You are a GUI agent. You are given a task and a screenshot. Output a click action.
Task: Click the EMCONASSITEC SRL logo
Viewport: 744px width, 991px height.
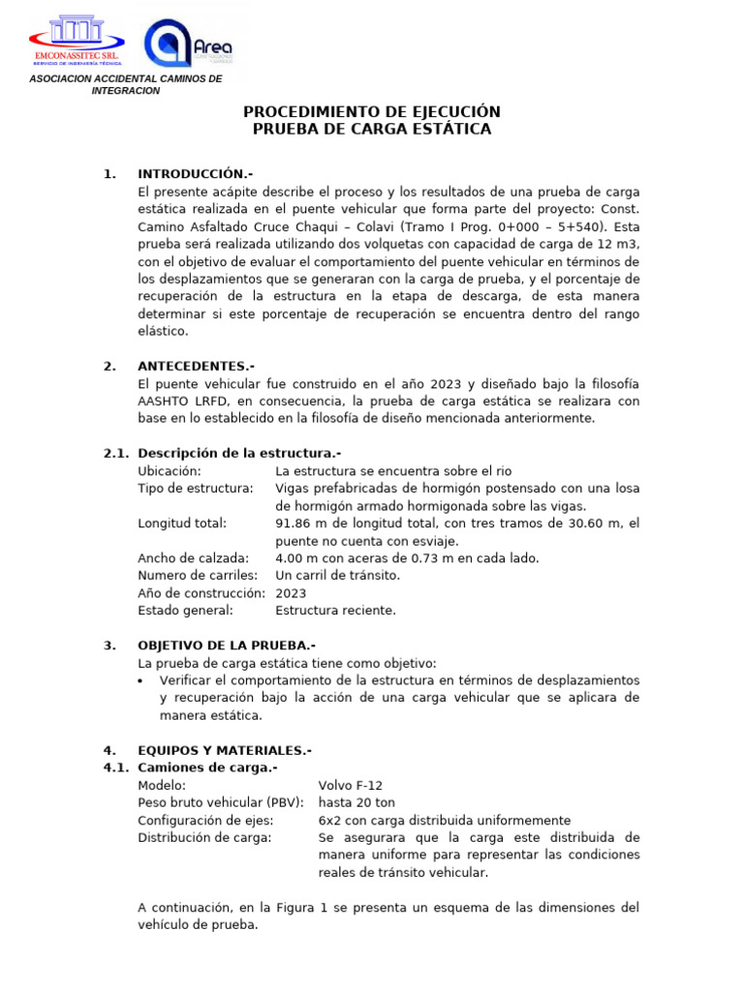pos(82,41)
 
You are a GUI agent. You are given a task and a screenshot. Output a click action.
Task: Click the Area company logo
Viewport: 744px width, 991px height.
pos(189,45)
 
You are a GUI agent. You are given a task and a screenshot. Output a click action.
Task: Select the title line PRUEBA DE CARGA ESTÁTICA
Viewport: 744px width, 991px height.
pos(371,129)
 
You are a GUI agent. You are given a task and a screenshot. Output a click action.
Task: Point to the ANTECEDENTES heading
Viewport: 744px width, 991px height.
pos(196,366)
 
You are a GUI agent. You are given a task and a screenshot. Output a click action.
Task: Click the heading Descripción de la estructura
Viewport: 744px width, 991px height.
pos(239,453)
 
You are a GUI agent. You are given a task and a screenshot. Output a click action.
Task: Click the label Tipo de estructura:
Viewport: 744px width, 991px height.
pos(196,488)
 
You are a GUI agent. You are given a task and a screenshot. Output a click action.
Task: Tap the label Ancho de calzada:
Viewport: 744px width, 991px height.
pos(194,557)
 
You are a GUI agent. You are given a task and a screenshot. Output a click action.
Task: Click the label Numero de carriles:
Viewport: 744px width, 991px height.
pos(198,575)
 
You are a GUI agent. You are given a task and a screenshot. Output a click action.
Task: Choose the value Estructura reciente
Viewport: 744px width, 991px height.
pos(335,610)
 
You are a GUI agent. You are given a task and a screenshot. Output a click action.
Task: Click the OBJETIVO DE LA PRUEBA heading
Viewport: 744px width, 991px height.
pos(227,645)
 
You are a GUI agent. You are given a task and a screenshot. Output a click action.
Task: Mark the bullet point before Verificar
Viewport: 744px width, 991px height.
pos(143,680)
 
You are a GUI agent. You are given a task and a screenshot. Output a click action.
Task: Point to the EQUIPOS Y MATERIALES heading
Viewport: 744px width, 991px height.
pos(225,750)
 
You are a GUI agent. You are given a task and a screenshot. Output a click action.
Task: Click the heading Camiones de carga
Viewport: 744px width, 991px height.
pos(207,767)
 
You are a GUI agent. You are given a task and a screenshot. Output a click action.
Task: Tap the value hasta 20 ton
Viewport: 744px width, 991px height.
pos(356,802)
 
